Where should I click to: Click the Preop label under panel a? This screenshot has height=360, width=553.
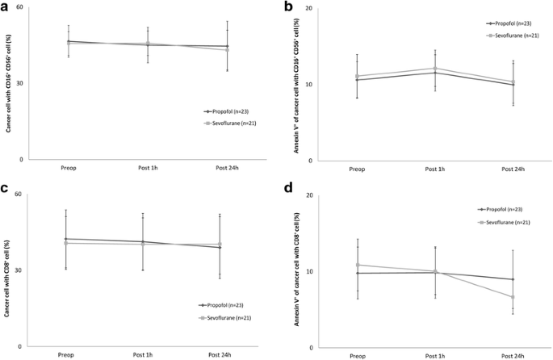click(x=69, y=169)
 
